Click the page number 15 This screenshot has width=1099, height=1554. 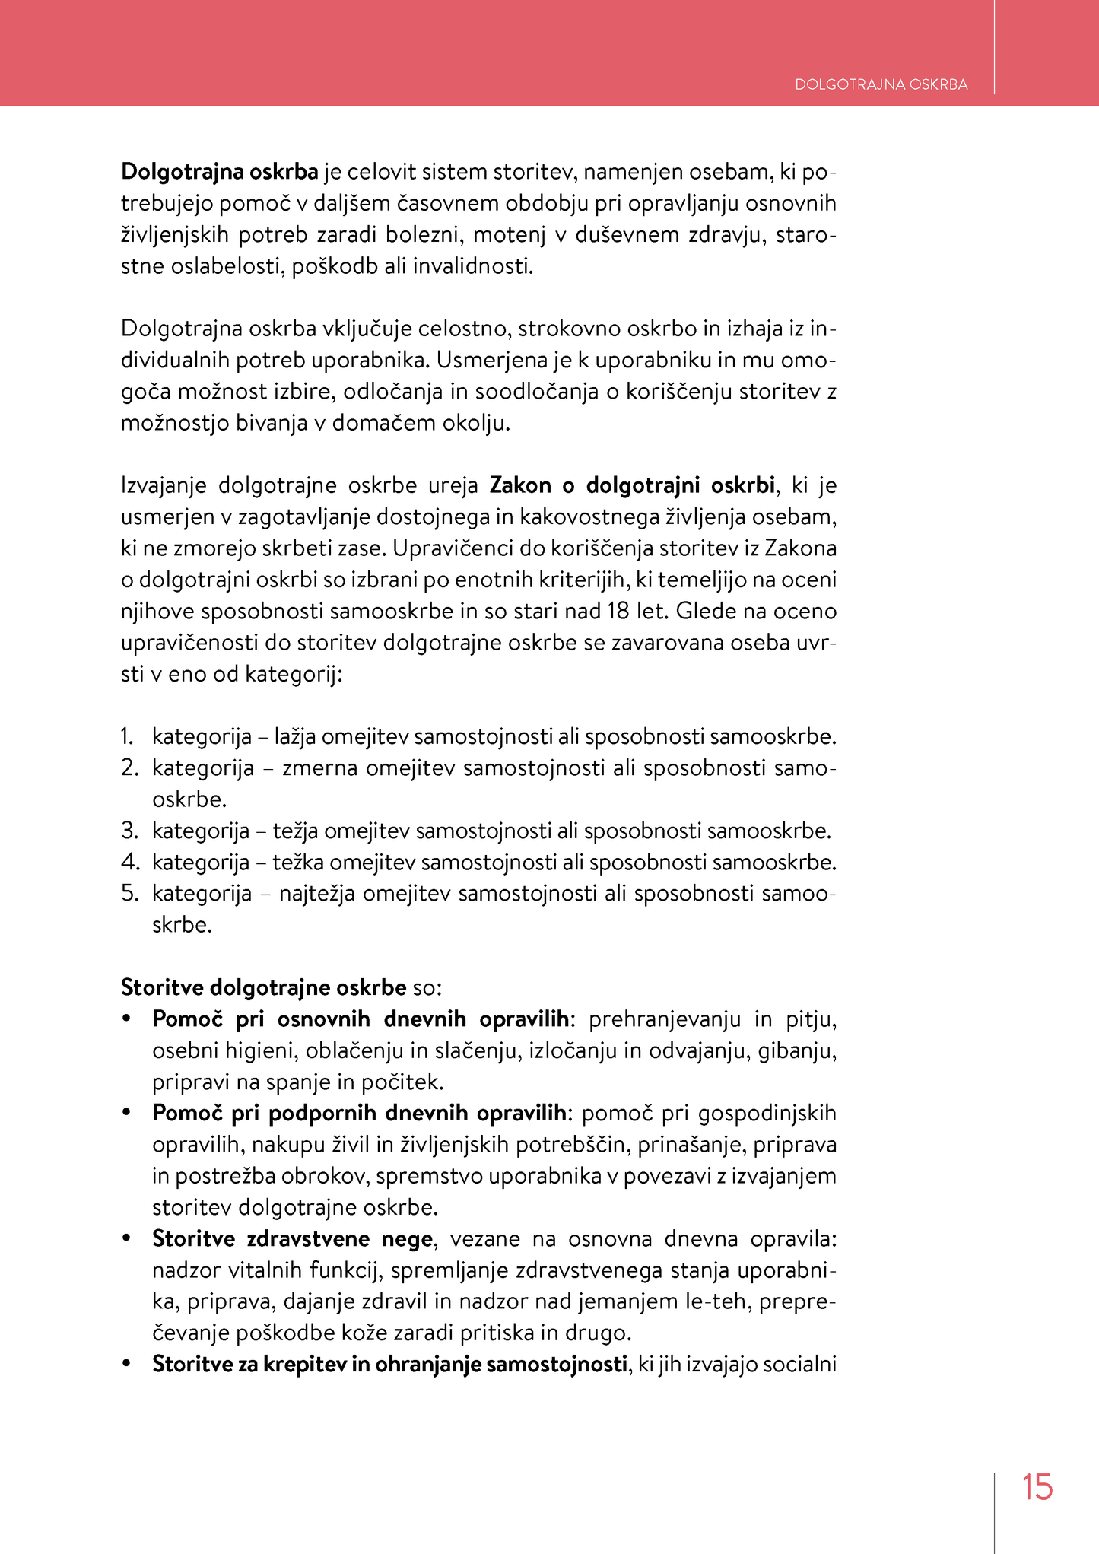(x=1037, y=1487)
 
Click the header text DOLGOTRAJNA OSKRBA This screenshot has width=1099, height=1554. (x=881, y=84)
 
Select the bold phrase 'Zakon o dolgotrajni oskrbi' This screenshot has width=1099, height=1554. (x=632, y=485)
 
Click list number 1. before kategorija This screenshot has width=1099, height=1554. (x=127, y=736)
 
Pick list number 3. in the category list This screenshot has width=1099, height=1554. (x=129, y=831)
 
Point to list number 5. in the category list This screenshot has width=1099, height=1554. (x=129, y=893)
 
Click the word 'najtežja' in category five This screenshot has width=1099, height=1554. (x=317, y=893)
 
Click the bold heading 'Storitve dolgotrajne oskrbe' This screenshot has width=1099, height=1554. (x=263, y=987)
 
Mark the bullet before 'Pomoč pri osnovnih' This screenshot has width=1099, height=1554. (x=127, y=1019)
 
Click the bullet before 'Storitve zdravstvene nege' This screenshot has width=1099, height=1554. (x=127, y=1239)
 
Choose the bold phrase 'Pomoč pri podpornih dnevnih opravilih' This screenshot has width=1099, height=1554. (x=359, y=1113)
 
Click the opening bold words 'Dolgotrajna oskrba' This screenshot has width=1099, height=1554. (x=219, y=172)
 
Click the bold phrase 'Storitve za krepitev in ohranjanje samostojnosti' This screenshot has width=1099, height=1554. (x=389, y=1364)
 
